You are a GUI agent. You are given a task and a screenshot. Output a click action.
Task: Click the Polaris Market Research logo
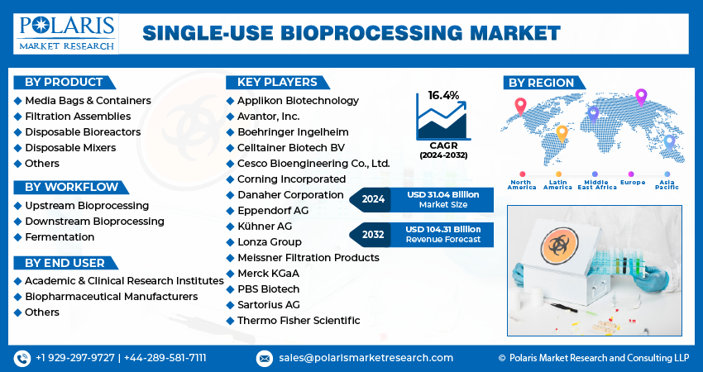tap(66, 32)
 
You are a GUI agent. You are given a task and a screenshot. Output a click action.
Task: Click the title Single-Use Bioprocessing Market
tap(351, 33)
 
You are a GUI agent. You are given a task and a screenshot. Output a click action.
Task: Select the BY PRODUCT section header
tap(64, 82)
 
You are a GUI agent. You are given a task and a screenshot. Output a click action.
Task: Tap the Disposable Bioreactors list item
tap(83, 132)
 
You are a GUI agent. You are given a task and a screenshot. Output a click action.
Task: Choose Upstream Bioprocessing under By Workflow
tap(87, 205)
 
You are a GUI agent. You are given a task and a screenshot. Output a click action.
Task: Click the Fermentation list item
tap(60, 236)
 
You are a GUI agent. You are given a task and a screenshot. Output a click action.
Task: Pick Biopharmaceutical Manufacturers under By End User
tap(111, 296)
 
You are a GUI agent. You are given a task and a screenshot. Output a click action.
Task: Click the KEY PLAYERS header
tap(276, 82)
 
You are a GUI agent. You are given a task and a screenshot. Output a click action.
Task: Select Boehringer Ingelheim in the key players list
tap(293, 131)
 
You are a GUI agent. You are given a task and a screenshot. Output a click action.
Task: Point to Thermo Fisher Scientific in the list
tap(299, 320)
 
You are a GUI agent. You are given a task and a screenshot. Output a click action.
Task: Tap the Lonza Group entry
tap(269, 241)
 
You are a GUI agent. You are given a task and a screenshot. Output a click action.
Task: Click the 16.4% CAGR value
tap(443, 96)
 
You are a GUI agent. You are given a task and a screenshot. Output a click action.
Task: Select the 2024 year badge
tap(373, 199)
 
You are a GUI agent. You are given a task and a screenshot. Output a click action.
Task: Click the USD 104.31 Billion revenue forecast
tap(443, 229)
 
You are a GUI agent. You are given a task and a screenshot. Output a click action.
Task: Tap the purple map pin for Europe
tap(640, 98)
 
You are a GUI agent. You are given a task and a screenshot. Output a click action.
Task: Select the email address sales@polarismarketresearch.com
tap(365, 358)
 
